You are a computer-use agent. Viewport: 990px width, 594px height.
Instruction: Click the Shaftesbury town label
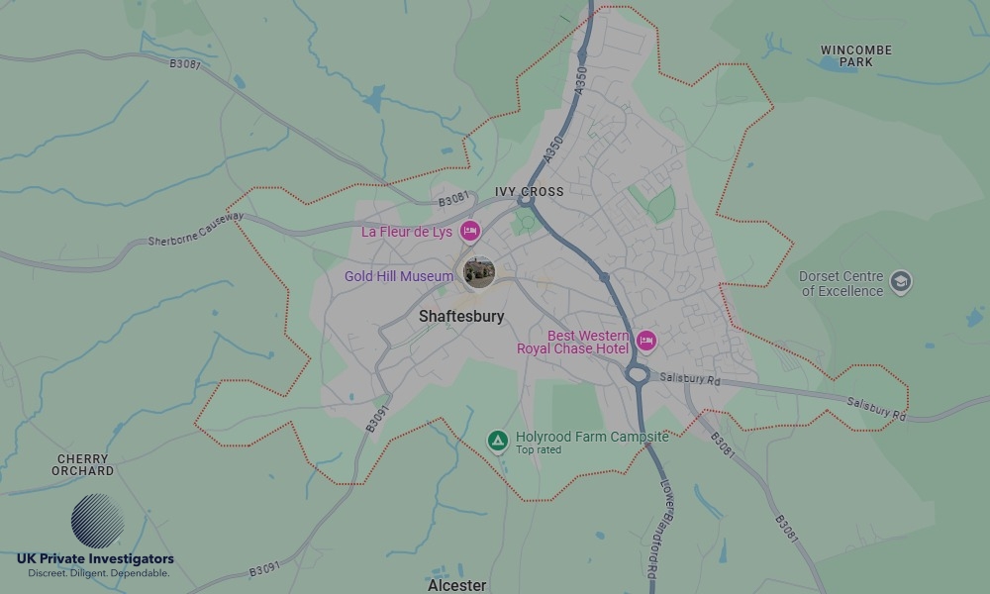click(461, 317)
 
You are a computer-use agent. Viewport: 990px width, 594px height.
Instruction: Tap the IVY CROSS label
click(530, 192)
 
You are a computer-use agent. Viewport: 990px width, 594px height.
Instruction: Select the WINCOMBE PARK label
click(856, 55)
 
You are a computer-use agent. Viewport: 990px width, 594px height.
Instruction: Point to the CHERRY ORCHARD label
click(83, 465)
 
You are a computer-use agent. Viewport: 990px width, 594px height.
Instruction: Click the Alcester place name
click(456, 585)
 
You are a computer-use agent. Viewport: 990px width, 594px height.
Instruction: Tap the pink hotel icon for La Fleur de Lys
click(470, 232)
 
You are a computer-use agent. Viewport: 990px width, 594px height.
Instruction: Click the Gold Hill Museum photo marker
click(479, 272)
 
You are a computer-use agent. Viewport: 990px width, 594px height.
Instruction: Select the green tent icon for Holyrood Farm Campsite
click(498, 439)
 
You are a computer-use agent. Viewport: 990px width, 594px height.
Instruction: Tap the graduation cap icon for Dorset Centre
click(901, 282)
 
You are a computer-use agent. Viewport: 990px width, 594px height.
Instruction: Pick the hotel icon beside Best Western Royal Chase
click(645, 342)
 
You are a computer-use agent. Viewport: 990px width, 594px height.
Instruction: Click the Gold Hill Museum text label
click(398, 276)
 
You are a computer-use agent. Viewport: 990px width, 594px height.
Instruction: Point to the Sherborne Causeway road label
click(195, 229)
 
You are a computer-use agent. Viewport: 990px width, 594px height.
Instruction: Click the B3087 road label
click(185, 63)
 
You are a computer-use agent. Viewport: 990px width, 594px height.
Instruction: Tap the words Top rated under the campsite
click(539, 450)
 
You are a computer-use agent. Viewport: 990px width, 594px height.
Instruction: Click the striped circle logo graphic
click(97, 521)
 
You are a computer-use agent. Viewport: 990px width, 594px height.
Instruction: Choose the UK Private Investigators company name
click(95, 559)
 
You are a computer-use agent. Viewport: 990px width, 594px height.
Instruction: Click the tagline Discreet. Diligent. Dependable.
click(98, 573)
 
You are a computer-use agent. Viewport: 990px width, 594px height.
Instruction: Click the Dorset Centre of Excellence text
click(841, 284)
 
